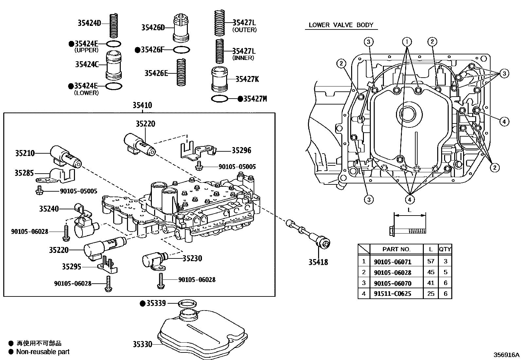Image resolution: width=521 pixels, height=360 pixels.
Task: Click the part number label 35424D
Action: click(x=89, y=23)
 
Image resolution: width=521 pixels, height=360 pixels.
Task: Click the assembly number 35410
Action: click(x=142, y=105)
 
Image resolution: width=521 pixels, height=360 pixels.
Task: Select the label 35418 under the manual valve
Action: click(x=318, y=262)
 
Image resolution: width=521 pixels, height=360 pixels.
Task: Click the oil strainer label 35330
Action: click(x=142, y=344)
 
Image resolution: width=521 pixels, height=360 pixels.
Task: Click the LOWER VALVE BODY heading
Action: click(x=341, y=25)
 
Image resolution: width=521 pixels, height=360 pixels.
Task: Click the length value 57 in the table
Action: click(x=431, y=261)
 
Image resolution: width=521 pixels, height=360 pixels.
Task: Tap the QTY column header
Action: click(x=445, y=249)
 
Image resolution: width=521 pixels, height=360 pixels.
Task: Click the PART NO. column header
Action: click(x=396, y=249)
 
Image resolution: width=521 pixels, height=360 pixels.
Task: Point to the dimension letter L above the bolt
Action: click(x=409, y=210)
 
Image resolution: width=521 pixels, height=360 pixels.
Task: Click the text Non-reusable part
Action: click(x=43, y=352)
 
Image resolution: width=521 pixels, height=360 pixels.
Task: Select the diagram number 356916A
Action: click(x=506, y=355)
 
